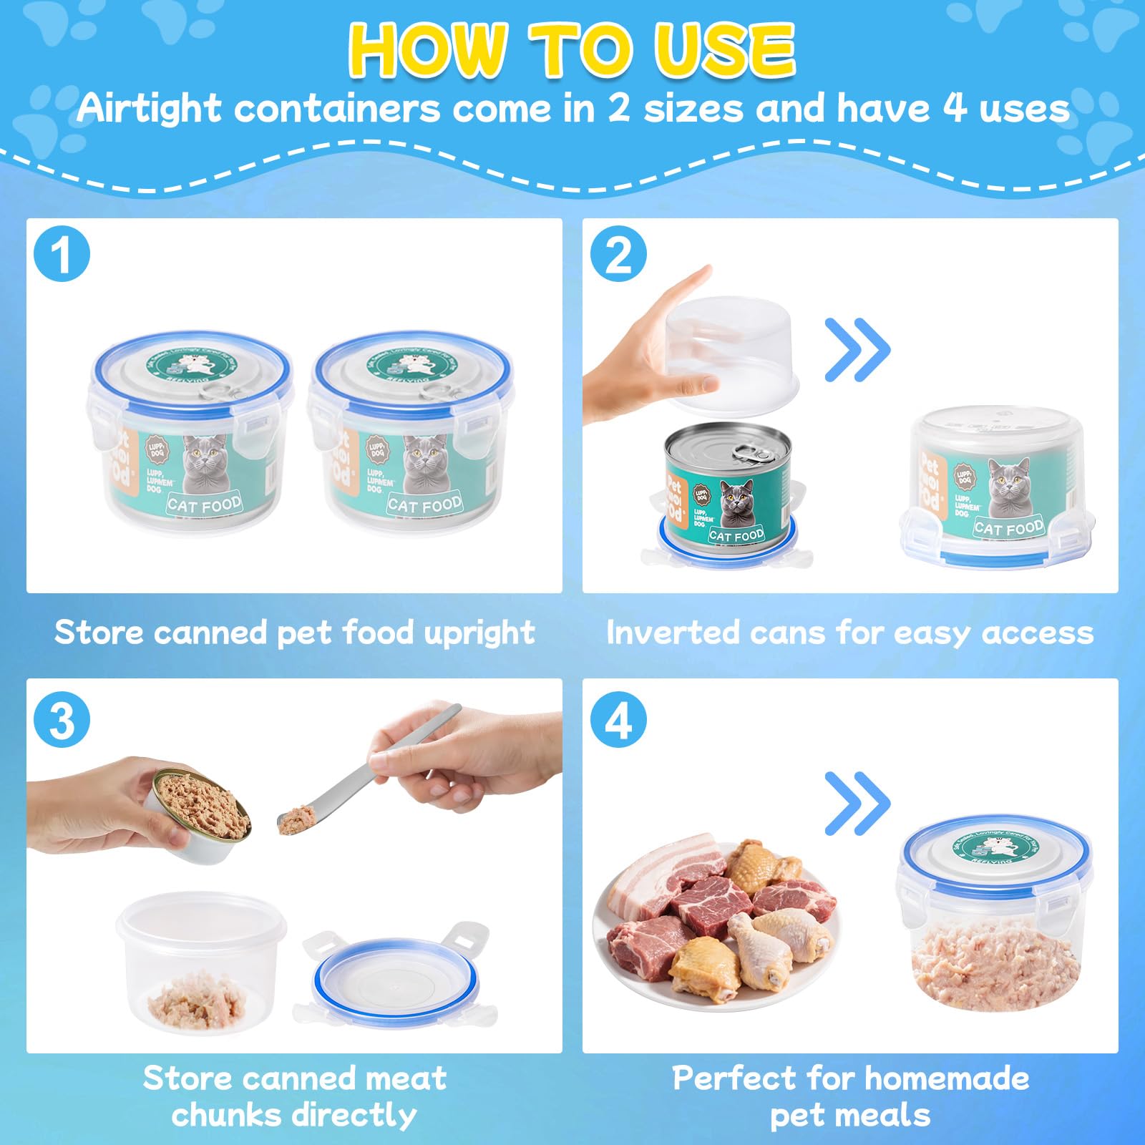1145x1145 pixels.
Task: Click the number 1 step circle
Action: click(x=62, y=254)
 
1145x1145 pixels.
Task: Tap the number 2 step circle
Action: click(x=618, y=254)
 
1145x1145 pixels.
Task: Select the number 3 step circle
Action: click(x=62, y=720)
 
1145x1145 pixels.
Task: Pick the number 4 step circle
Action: click(x=618, y=720)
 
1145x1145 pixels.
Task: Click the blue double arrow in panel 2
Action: click(x=857, y=350)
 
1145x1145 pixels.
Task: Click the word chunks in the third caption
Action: click(x=224, y=1115)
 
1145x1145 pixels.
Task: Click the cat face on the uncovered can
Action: click(x=737, y=496)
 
